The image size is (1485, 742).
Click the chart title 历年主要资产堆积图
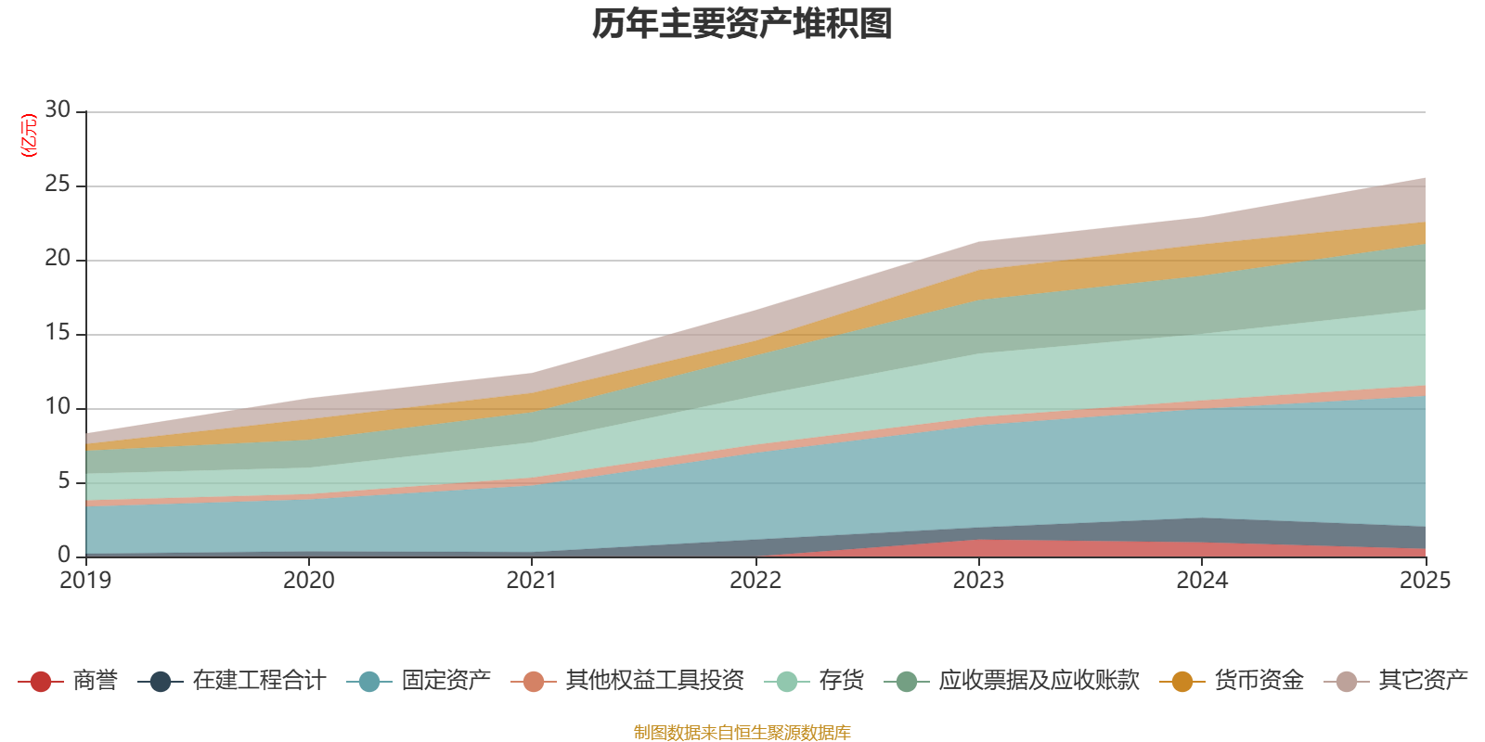pyautogui.click(x=742, y=24)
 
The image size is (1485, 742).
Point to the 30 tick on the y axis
pyautogui.click(x=58, y=110)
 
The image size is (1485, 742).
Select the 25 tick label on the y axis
pyautogui.click(x=58, y=185)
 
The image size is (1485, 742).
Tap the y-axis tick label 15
pyautogui.click(x=58, y=333)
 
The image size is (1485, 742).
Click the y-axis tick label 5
pyautogui.click(x=64, y=481)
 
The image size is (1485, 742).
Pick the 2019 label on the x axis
pyautogui.click(x=85, y=581)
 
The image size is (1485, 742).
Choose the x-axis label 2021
pyautogui.click(x=532, y=581)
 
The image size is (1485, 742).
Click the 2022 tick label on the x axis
pyautogui.click(x=755, y=581)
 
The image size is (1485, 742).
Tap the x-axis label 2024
pyautogui.click(x=1202, y=581)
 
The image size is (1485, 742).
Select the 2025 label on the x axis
pyautogui.click(x=1425, y=581)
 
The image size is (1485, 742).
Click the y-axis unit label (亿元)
pyautogui.click(x=29, y=135)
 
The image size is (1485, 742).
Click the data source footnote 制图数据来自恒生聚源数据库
pyautogui.click(x=742, y=733)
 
